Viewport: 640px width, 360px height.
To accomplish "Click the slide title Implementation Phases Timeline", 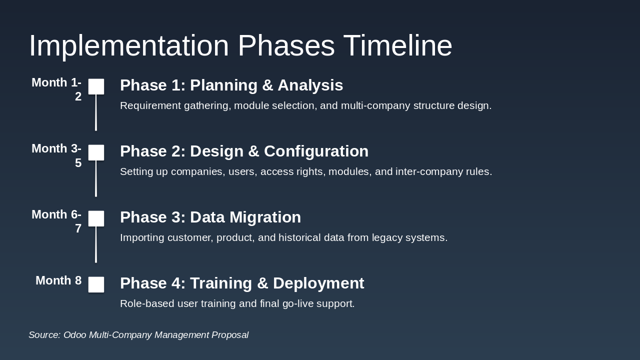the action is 240,45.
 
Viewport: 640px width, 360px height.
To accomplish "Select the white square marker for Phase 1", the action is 96,86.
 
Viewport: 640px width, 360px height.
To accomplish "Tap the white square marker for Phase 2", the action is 96,152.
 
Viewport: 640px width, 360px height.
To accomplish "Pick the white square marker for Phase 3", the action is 96,218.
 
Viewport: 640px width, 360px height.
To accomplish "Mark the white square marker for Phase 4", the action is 96,284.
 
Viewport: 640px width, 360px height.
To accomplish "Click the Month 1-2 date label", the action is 56,89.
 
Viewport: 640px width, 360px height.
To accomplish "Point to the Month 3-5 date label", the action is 56,155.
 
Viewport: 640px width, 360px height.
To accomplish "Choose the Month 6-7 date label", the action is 56,221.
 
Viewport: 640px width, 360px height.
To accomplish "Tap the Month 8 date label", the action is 58,280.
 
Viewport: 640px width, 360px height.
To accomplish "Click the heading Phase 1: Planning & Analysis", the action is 231,85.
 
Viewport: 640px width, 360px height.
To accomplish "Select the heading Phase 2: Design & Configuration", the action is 244,151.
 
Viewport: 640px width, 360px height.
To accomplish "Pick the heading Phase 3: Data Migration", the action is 210,217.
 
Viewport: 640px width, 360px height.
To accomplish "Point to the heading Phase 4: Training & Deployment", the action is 242,283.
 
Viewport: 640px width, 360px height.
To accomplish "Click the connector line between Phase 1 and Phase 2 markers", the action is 96,112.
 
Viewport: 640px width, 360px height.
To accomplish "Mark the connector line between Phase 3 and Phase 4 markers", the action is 96,244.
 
